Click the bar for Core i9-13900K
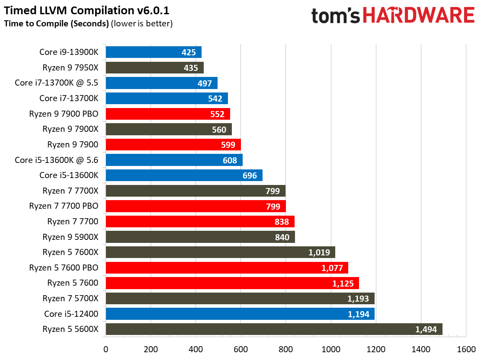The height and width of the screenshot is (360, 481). [x=153, y=52]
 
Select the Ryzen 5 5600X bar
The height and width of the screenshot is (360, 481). [x=274, y=329]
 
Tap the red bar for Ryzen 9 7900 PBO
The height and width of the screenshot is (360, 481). [x=167, y=114]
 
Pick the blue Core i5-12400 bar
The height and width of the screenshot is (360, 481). [x=240, y=314]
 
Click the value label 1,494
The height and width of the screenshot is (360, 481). [x=426, y=329]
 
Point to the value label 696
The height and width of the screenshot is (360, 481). [x=250, y=175]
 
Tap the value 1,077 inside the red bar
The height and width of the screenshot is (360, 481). [x=332, y=268]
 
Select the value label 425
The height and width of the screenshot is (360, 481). [x=189, y=53]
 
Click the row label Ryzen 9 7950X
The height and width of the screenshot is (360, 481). [x=71, y=68]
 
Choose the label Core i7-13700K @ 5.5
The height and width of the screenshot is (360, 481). [x=56, y=83]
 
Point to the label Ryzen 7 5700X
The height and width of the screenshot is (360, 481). [x=71, y=298]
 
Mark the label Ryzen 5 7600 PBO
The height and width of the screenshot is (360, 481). [x=64, y=268]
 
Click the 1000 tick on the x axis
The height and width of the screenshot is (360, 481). [x=331, y=349]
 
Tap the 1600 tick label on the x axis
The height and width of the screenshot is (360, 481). [x=466, y=349]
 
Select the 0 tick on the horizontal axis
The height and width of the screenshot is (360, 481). [x=106, y=349]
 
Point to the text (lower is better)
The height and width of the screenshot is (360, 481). [x=142, y=23]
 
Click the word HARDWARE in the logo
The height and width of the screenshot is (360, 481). [x=418, y=16]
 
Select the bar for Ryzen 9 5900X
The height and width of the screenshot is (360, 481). [x=200, y=237]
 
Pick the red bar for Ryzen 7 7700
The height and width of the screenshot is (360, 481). [x=200, y=222]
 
